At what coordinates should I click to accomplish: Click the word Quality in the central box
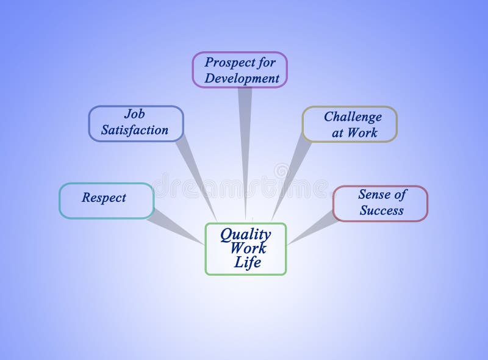[245, 234]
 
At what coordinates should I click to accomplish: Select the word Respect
[104, 198]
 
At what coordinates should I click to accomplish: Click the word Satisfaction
[134, 130]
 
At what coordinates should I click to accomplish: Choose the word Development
[242, 78]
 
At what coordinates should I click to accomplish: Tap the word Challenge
[353, 117]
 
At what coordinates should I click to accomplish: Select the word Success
[381, 211]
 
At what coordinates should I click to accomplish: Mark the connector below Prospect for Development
[245, 153]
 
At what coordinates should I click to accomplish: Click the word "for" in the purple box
[265, 62]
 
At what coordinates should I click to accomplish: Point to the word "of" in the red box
[400, 195]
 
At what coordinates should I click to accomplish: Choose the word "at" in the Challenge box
[339, 132]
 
